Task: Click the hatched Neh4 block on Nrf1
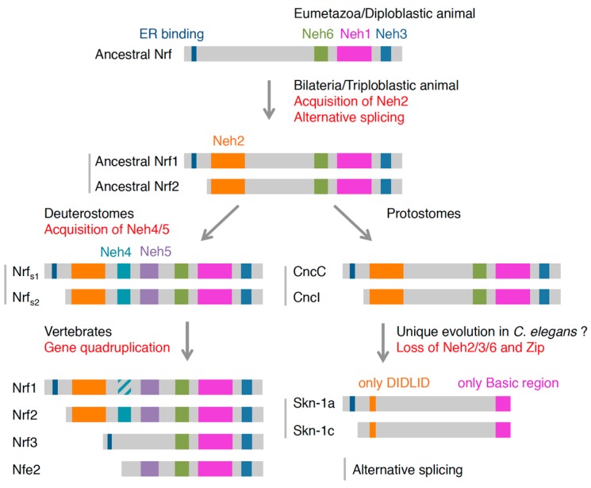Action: pyautogui.click(x=124, y=387)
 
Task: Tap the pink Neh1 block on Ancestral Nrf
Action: pyautogui.click(x=354, y=53)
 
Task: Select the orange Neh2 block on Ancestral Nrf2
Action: pyautogui.click(x=228, y=186)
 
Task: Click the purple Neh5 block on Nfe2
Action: pyautogui.click(x=150, y=469)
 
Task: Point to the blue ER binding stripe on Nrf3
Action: pyautogui.click(x=109, y=442)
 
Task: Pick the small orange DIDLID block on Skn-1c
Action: pyautogui.click(x=372, y=430)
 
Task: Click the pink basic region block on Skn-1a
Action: pyautogui.click(x=503, y=404)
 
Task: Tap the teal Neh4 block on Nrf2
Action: pyautogui.click(x=125, y=414)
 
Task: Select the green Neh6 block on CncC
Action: pyautogui.click(x=479, y=271)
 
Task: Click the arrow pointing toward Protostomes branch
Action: pyautogui.click(x=352, y=222)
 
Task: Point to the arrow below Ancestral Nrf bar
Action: pyautogui.click(x=269, y=99)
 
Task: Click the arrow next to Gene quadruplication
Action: pyautogui.click(x=187, y=341)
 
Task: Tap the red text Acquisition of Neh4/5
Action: pyautogui.click(x=107, y=229)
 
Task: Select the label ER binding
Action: pyautogui.click(x=171, y=34)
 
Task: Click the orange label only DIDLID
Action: pyautogui.click(x=394, y=382)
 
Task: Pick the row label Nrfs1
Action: pyautogui.click(x=25, y=272)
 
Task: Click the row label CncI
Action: pyautogui.click(x=306, y=298)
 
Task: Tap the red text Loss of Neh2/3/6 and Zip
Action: pyautogui.click(x=470, y=348)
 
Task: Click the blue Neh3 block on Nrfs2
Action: pyautogui.click(x=246, y=297)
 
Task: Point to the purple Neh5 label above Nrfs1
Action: pyautogui.click(x=155, y=252)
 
